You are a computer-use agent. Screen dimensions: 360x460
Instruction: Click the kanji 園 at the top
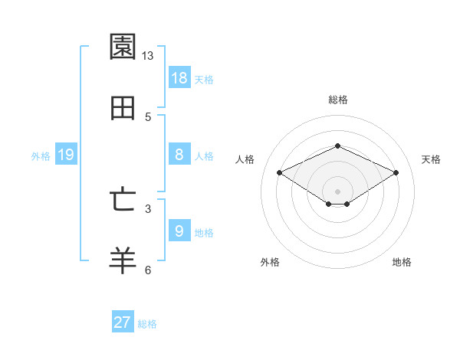pyautogui.click(x=123, y=47)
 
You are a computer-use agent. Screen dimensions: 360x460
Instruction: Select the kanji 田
pyautogui.click(x=123, y=108)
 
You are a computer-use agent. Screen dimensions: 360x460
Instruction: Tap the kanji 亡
pyautogui.click(x=123, y=200)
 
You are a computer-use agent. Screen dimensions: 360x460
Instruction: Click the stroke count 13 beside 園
pyautogui.click(x=148, y=56)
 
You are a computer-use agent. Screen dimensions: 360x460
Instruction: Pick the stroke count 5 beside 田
pyautogui.click(x=148, y=117)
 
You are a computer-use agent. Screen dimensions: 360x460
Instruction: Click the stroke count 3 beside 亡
pyautogui.click(x=148, y=208)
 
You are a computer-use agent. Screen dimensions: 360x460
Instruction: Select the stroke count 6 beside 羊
pyautogui.click(x=148, y=270)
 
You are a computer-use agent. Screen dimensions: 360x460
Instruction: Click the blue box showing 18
pyautogui.click(x=179, y=77)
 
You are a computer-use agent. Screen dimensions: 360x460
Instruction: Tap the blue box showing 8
pyautogui.click(x=179, y=155)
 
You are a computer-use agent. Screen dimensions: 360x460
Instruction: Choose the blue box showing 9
pyautogui.click(x=179, y=231)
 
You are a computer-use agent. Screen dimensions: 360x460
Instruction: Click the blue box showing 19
pyautogui.click(x=66, y=155)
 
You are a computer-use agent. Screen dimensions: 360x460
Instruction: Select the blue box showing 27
pyautogui.click(x=123, y=322)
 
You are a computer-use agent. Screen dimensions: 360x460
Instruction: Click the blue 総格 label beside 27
pyautogui.click(x=147, y=324)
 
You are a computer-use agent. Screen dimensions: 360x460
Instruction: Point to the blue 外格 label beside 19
pyautogui.click(x=41, y=156)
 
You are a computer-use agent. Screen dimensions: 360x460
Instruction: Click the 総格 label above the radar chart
pyautogui.click(x=337, y=100)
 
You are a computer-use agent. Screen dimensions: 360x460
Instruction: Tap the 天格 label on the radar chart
pyautogui.click(x=431, y=159)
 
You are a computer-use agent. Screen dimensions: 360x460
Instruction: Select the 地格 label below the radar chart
pyautogui.click(x=402, y=263)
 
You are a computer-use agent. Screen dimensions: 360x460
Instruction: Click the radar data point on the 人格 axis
pyautogui.click(x=280, y=173)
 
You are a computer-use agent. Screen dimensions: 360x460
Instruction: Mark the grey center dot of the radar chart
pyautogui.click(x=337, y=191)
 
